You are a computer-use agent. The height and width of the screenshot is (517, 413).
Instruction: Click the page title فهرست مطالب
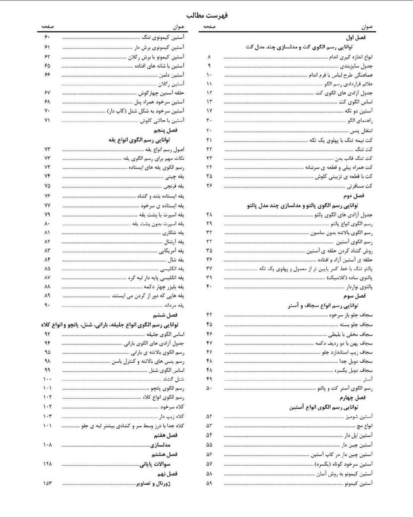point(207,15)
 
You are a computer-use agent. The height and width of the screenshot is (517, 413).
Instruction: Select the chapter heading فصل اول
point(356,37)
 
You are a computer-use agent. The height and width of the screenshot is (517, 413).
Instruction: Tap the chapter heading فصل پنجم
point(166,130)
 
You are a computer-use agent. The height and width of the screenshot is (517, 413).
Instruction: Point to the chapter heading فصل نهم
point(166,473)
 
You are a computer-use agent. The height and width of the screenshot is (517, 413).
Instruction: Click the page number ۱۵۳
point(47,483)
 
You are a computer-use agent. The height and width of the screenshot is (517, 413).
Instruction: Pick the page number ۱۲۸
point(47,464)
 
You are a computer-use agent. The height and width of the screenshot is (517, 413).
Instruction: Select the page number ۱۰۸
point(47,445)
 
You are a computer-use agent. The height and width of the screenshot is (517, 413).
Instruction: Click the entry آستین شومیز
point(359,416)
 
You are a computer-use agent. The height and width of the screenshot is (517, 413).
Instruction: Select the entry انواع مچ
point(365,426)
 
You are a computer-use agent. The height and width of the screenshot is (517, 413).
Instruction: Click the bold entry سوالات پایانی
point(155,464)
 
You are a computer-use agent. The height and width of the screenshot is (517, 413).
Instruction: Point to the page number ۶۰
point(47,37)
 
